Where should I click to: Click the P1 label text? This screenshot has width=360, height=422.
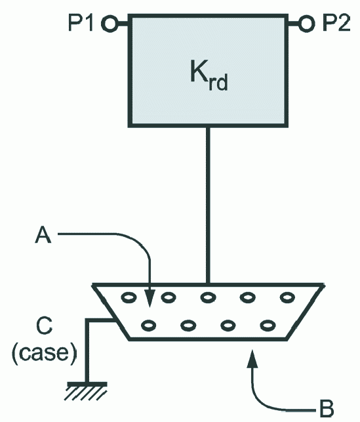(81, 23)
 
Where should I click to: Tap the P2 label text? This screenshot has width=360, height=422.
(336, 23)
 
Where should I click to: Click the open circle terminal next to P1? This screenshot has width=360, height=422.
(110, 24)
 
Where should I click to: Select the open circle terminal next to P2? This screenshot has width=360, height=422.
(306, 24)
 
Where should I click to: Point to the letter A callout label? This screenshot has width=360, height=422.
(43, 235)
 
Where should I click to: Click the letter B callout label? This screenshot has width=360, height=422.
(327, 409)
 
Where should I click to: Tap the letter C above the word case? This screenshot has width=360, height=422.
(44, 326)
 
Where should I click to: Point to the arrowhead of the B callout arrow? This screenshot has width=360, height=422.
(252, 359)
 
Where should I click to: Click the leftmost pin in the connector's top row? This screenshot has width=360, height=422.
(129, 297)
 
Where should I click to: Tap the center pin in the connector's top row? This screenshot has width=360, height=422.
(208, 297)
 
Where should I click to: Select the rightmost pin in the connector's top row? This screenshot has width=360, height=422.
(287, 297)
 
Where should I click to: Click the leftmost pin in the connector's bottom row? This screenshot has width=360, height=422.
(148, 326)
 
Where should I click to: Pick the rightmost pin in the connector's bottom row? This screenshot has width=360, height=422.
(268, 326)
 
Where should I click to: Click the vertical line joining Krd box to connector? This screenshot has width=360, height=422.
(208, 205)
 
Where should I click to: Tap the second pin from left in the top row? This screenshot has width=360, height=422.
(169, 297)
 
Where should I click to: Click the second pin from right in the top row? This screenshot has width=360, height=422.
(248, 297)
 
